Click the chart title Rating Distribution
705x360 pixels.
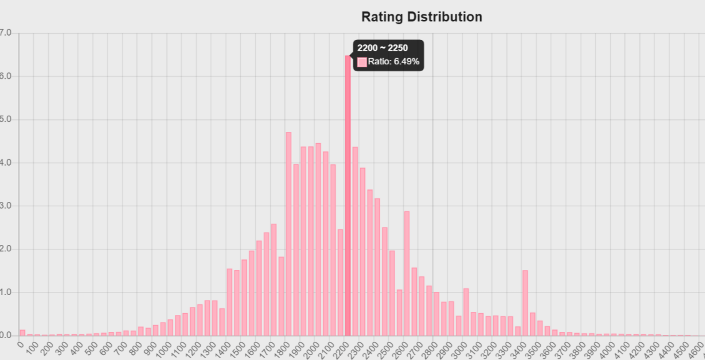point(422,17)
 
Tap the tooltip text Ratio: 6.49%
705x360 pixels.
point(393,62)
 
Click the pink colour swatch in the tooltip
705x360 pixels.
point(362,62)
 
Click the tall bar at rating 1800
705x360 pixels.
point(289,234)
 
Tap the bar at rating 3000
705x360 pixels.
point(466,312)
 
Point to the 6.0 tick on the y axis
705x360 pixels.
point(6,76)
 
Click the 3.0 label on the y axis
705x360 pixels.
point(6,206)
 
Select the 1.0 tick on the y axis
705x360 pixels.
point(6,292)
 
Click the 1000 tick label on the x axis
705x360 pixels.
point(165,347)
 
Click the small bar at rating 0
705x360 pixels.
point(22,333)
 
